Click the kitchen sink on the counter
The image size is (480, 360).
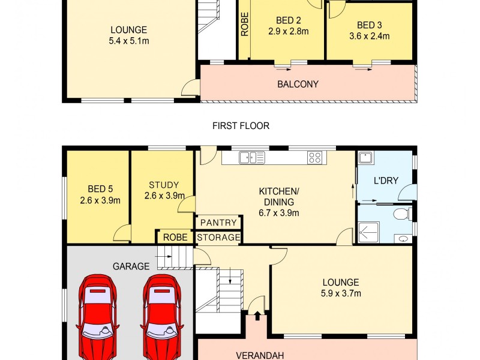click(252, 158)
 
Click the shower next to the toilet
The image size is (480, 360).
click(368, 232)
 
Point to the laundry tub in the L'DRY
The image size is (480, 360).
click(365, 158)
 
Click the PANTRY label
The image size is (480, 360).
click(219, 223)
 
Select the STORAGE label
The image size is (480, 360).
click(219, 238)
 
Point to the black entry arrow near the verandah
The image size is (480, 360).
click(257, 314)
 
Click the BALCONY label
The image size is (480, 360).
click(298, 85)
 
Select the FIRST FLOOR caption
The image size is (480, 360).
click(241, 126)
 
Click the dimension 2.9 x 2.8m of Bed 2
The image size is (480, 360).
click(288, 31)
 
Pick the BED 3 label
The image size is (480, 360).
click(369, 25)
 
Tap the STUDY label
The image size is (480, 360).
click(164, 185)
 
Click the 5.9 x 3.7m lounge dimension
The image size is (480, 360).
click(341, 293)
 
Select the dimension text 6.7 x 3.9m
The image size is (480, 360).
click(279, 212)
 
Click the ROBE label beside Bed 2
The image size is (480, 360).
click(245, 25)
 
